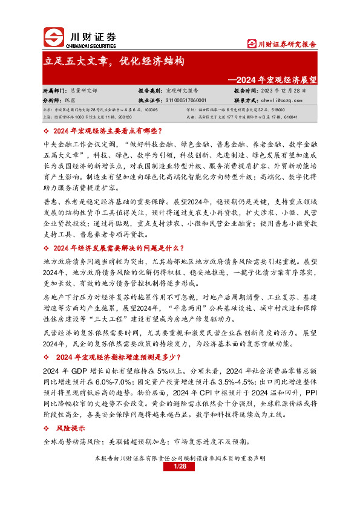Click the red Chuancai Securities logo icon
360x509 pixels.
click(x=56, y=38)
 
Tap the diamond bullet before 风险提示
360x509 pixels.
click(x=47, y=428)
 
